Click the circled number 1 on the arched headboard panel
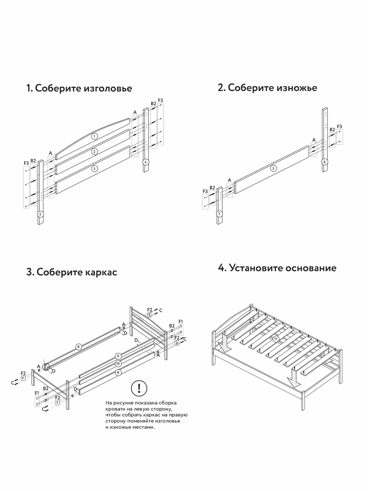95,136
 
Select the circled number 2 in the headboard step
95,151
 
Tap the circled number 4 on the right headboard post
146,162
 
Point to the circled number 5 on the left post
40,214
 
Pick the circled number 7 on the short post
219,214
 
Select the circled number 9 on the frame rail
118,356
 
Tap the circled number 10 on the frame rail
118,364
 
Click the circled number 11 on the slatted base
276,339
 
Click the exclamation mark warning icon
139,389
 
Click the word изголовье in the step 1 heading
108,88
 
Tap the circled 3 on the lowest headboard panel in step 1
94,168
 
